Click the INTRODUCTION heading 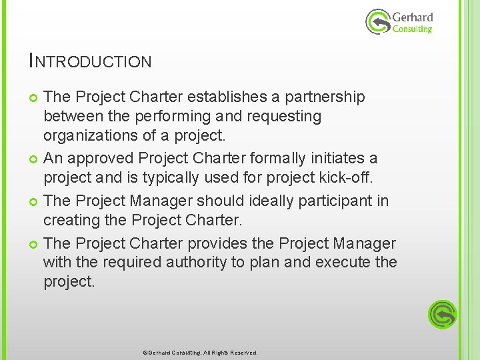tap(91, 61)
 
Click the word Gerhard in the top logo tap(413, 17)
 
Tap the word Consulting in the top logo tap(412, 29)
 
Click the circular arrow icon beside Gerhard tap(378, 22)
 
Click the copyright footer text tap(200, 353)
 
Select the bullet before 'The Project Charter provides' tap(34, 245)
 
